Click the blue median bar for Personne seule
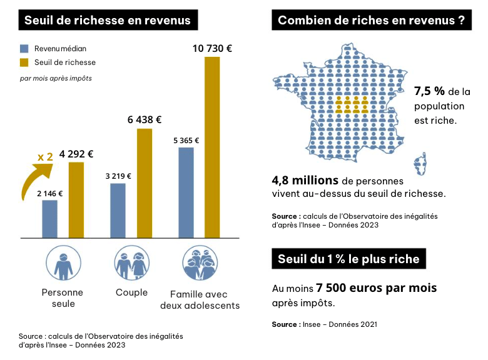point(50,219)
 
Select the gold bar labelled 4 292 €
point(76,200)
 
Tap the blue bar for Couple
point(118,211)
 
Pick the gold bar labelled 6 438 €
point(145,183)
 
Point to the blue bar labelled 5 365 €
point(186,192)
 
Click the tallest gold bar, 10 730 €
point(212,147)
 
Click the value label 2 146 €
point(50,194)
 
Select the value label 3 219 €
point(118,176)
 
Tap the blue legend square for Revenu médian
point(24,49)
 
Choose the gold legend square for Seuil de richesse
point(24,62)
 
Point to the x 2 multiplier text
point(45,157)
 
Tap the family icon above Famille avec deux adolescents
point(200,263)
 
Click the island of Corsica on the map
point(420,164)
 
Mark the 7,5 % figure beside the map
point(429,91)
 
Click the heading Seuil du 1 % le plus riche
point(348,259)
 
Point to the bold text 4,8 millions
point(305,180)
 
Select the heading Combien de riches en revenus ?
point(372,20)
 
